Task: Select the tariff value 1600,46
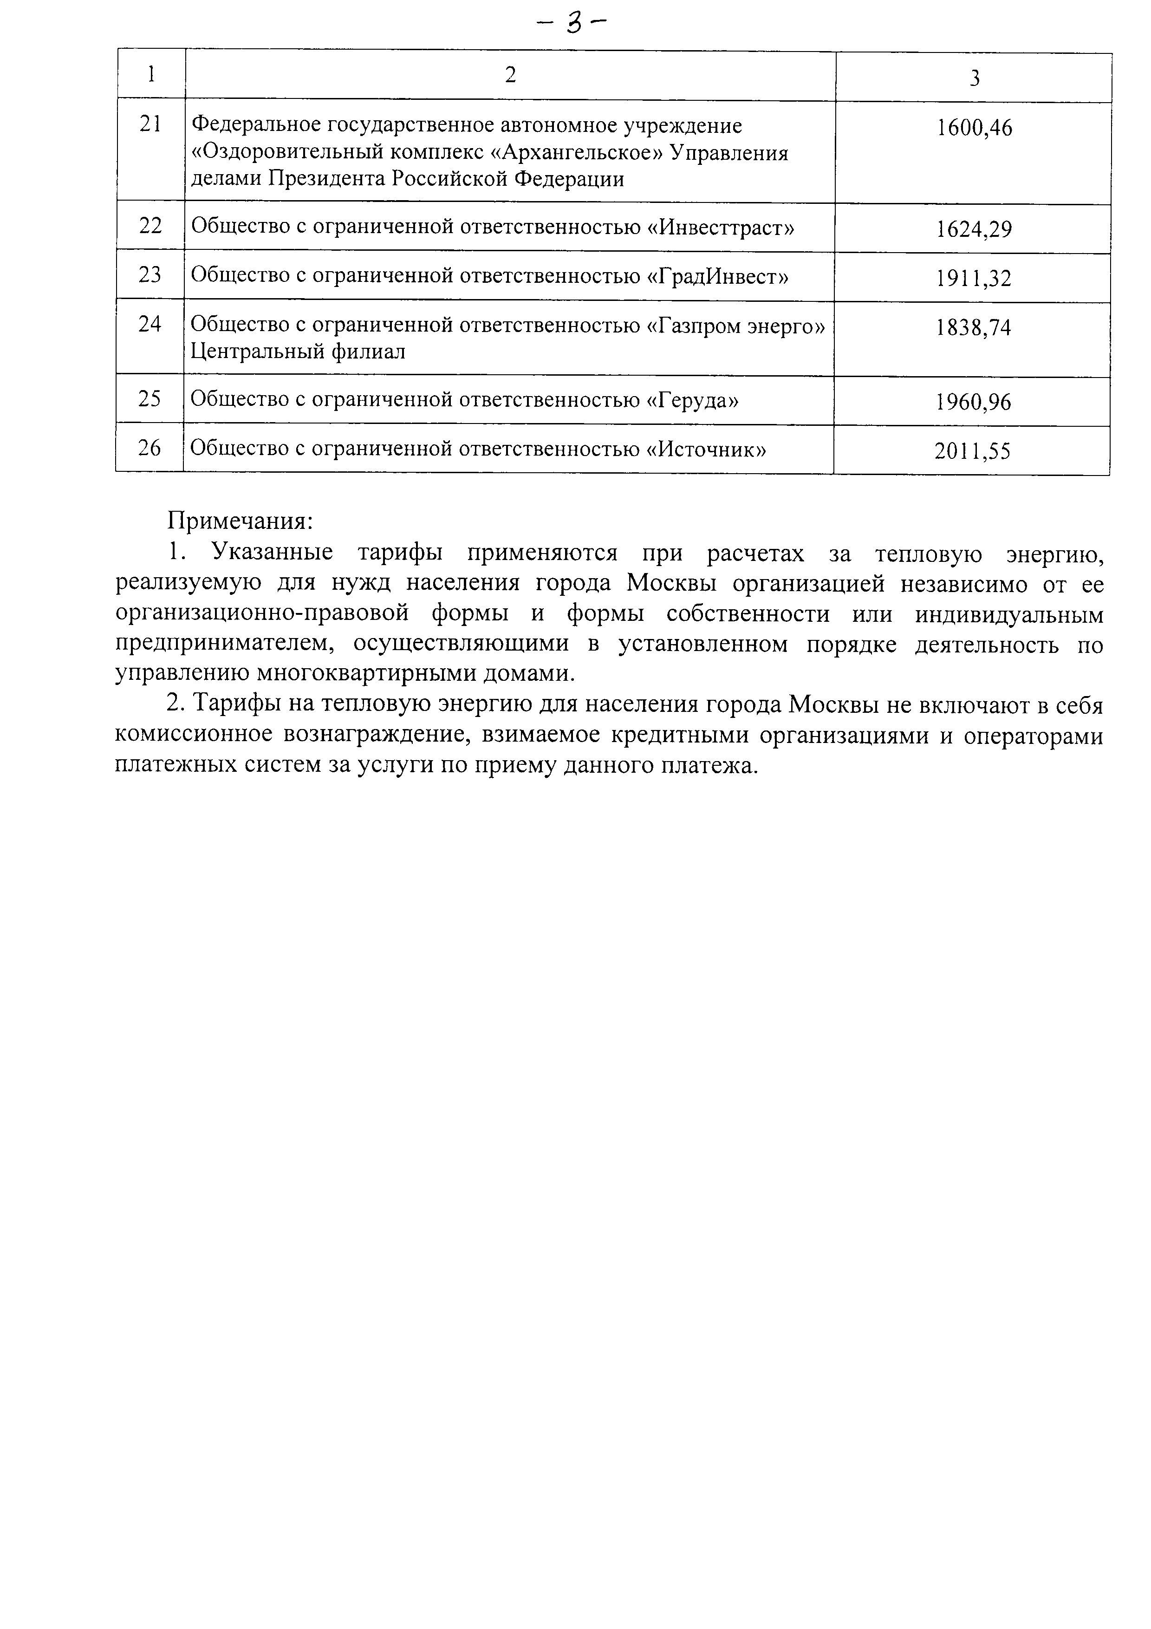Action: [975, 129]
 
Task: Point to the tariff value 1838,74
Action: [973, 328]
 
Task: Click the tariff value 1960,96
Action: [973, 402]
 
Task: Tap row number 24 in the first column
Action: [150, 324]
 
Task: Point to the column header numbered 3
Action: [975, 78]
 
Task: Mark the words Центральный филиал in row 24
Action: [298, 351]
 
